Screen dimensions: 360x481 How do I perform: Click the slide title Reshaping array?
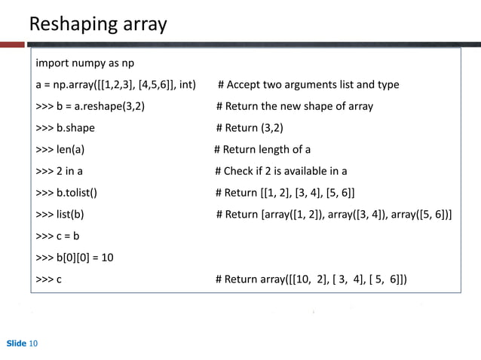click(x=97, y=25)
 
